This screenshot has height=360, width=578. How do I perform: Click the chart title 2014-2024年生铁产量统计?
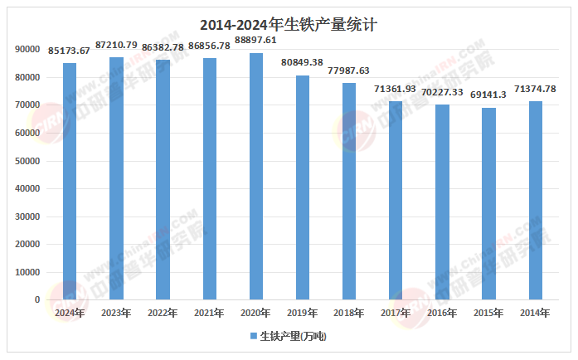point(289,25)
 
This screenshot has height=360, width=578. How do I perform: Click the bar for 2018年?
point(349,191)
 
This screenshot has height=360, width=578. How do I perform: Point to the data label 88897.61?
point(256,39)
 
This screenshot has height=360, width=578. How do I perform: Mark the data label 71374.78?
point(536,89)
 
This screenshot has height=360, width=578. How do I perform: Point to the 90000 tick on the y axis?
point(27,50)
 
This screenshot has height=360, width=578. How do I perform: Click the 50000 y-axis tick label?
point(27,161)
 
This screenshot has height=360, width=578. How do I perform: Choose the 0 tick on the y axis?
point(37,299)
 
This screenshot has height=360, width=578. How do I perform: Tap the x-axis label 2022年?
point(163,313)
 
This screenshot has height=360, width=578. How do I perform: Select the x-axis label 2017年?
point(396,313)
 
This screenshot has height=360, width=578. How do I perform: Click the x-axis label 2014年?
point(536,313)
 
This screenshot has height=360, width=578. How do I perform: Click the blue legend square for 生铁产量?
point(254,336)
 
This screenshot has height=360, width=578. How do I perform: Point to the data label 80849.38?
point(303,62)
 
